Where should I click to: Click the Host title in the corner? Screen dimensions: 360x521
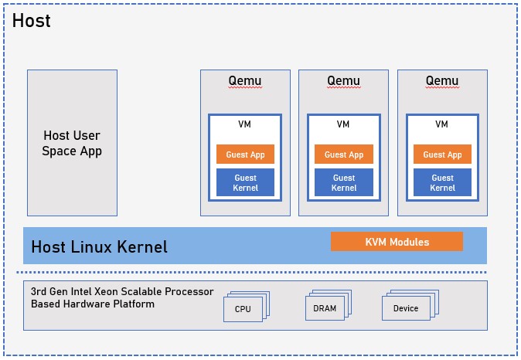[x=32, y=21]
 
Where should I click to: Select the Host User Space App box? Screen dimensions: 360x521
[x=72, y=143]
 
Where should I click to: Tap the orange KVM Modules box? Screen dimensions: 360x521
[x=397, y=242]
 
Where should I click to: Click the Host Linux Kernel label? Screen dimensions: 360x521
[x=99, y=248]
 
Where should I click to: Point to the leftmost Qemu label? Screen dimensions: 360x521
[x=245, y=81]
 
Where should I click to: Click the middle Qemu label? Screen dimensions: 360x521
[x=343, y=81]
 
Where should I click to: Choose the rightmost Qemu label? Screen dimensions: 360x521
[x=442, y=81]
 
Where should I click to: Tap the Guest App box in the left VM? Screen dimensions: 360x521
[x=245, y=155]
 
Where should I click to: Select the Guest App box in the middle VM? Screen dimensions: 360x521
[x=344, y=155]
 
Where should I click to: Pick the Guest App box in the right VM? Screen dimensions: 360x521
[x=442, y=155]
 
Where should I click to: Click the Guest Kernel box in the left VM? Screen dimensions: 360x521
[x=245, y=182]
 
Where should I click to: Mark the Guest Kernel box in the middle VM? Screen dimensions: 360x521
[x=344, y=182]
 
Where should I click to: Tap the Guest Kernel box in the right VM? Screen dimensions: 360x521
[x=442, y=182]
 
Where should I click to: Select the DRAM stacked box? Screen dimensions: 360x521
[x=324, y=308]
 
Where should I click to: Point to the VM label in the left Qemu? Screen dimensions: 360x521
[x=245, y=124]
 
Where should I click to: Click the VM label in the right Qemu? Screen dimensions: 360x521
[x=442, y=124]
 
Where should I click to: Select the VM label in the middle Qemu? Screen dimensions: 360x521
[x=344, y=124]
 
